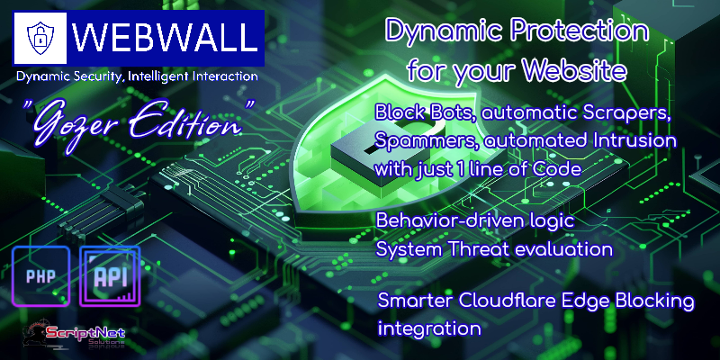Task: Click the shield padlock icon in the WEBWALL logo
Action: [x=40, y=38]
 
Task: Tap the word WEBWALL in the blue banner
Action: [x=165, y=37]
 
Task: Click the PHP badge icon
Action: [x=40, y=276]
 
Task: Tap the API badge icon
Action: [x=110, y=276]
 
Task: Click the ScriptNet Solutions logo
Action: [x=75, y=334]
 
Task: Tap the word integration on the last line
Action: [x=429, y=328]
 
